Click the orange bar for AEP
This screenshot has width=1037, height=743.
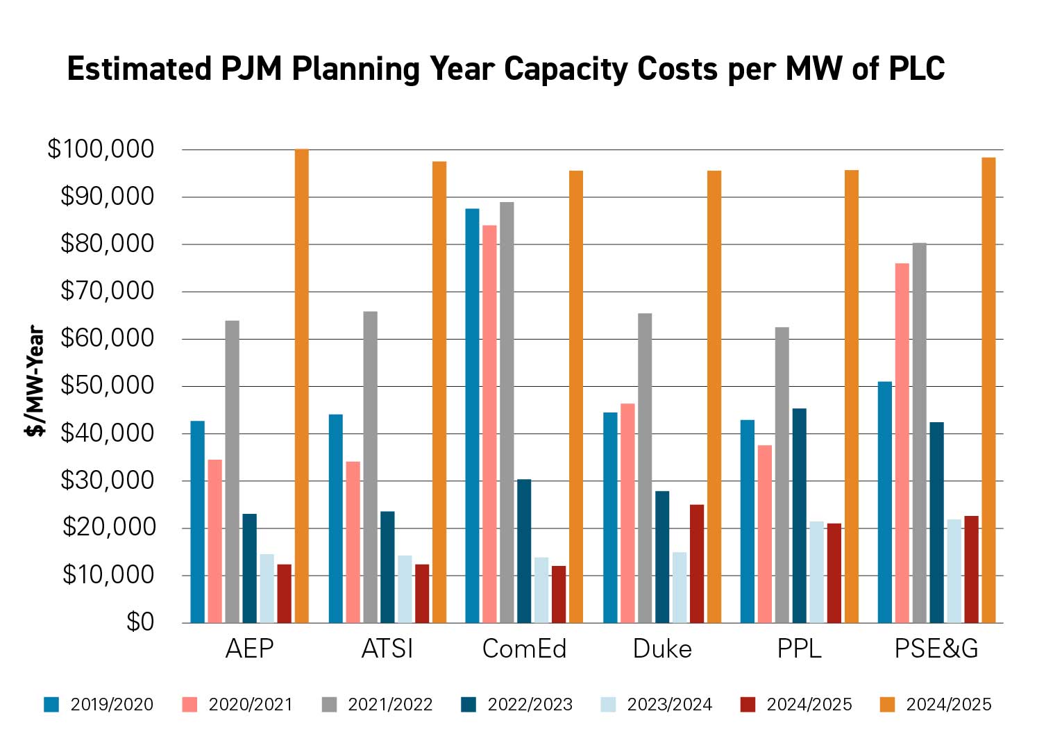tap(301, 386)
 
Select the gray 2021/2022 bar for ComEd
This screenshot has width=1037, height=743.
tap(507, 412)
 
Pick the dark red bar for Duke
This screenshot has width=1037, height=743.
tap(696, 564)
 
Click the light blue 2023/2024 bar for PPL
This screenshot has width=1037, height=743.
tap(816, 572)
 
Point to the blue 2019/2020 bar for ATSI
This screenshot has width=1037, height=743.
tap(335, 519)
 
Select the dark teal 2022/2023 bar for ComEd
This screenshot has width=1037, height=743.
tap(524, 551)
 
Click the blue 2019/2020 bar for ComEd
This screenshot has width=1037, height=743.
tap(472, 416)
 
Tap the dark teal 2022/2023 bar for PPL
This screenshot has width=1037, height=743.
tap(799, 516)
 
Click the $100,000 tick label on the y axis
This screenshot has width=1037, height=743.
tap(101, 149)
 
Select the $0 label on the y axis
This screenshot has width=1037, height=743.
tap(140, 622)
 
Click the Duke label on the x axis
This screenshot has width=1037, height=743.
tap(662, 649)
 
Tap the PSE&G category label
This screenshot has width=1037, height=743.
tap(936, 649)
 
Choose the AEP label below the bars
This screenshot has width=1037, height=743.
tap(249, 649)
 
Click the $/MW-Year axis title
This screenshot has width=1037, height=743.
tap(35, 381)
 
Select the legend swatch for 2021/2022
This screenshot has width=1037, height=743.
tap(329, 705)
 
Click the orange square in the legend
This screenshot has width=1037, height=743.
tap(887, 705)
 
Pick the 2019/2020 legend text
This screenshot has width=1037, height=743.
tap(112, 705)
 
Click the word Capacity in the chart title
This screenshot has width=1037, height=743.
tap(566, 69)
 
